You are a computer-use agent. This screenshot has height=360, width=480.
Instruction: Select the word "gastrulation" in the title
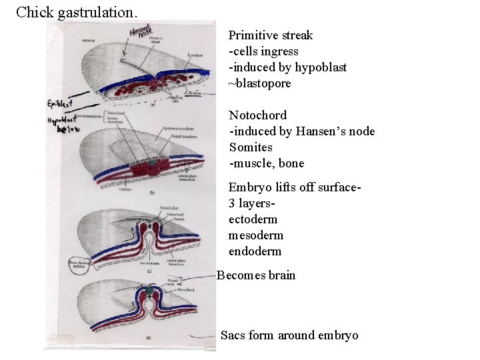pos(97,13)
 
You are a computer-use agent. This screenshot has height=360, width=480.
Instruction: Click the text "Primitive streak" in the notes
pos(270,35)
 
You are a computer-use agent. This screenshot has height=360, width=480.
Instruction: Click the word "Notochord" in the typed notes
pos(257,115)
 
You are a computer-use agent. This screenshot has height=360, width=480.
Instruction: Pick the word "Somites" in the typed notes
pos(251,147)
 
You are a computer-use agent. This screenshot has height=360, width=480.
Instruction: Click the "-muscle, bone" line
pos(266,163)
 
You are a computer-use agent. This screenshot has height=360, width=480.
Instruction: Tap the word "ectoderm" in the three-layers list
pos(253,219)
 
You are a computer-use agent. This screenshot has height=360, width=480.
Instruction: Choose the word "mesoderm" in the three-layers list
pos(255,235)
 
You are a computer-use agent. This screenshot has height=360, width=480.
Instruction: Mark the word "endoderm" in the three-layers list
pos(255,251)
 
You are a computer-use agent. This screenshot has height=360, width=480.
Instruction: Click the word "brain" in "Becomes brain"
pos(281,275)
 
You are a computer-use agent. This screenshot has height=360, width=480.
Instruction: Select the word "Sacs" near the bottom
pos(233,335)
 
